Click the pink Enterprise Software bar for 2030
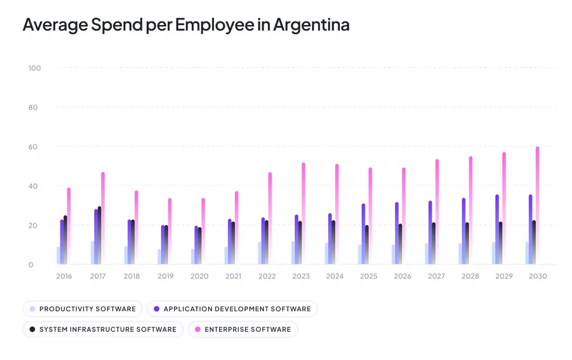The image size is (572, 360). (x=537, y=206)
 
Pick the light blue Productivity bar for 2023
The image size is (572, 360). (x=293, y=253)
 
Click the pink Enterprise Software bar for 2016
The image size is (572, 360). (x=69, y=227)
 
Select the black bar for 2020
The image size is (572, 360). (x=200, y=246)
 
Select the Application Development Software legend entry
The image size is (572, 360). (x=232, y=309)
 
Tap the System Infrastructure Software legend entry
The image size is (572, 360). (x=102, y=329)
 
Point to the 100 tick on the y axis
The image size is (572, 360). (x=34, y=68)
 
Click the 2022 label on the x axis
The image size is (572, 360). (x=267, y=276)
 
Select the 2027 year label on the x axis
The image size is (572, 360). (x=436, y=276)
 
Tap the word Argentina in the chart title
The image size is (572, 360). (x=311, y=25)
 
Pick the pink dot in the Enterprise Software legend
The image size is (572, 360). (x=197, y=329)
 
